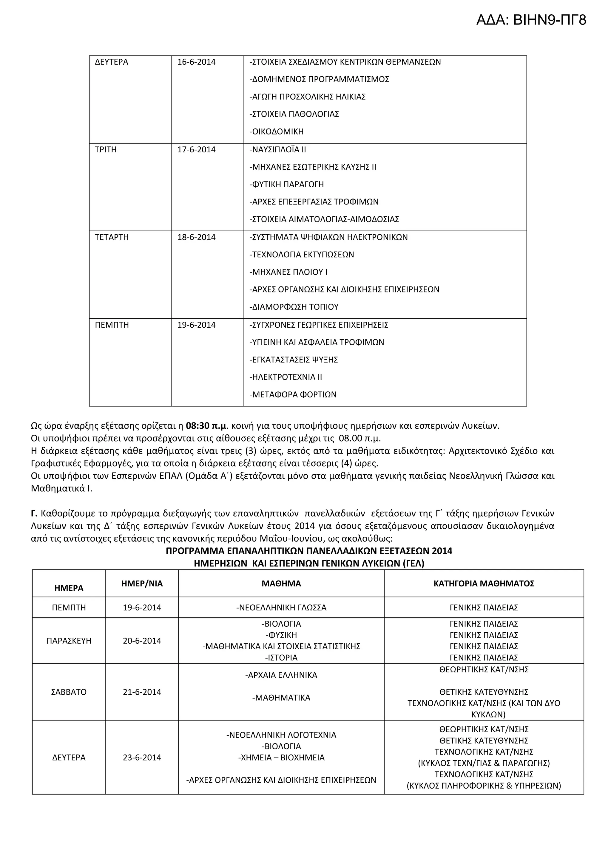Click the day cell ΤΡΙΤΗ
106,150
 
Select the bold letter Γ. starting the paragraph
34,514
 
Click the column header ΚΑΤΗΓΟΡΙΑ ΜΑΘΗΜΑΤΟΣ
484,584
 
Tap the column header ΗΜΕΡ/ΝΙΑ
142,584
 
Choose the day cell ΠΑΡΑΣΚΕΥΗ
69,641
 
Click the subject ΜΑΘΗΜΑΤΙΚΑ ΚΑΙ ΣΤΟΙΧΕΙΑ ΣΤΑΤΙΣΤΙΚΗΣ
281,646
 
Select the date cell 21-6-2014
142,692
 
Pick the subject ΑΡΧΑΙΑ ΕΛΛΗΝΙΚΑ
281,676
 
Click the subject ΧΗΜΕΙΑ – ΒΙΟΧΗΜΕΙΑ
281,758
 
